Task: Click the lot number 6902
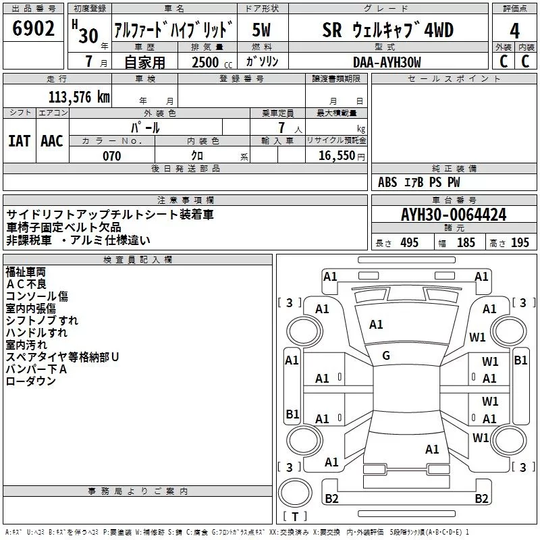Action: pos(33,28)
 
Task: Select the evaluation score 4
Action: pos(514,31)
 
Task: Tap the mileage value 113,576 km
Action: pos(79,97)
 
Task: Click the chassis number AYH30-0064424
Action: pos(454,215)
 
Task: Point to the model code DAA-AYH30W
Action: pos(387,61)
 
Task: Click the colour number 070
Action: pos(112,156)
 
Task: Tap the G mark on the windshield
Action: pos(386,356)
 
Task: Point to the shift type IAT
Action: pos(19,140)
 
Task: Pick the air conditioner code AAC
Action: pos(52,140)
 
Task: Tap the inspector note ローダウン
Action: pos(31,381)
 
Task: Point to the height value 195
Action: pos(520,243)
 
